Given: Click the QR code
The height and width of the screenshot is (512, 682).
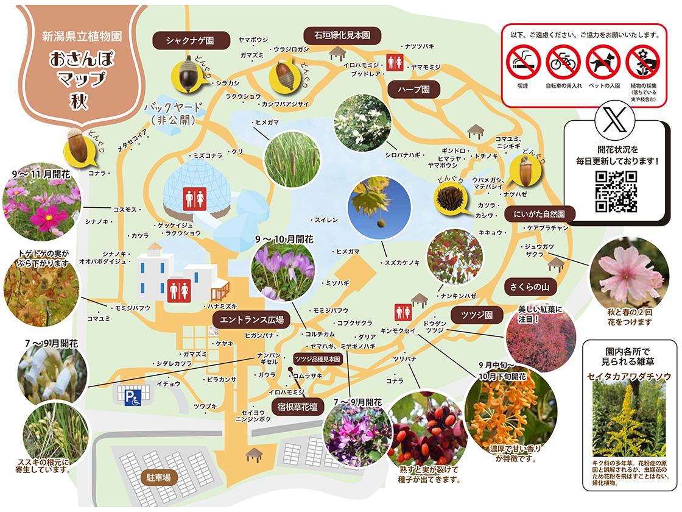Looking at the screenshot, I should point(616,191).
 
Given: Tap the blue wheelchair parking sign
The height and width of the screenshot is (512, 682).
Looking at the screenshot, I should point(133,398).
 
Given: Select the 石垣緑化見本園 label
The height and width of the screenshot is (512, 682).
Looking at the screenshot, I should point(342,35).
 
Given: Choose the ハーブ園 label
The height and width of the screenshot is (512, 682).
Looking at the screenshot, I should point(414,89).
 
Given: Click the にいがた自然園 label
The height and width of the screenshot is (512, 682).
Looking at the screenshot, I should point(540,214).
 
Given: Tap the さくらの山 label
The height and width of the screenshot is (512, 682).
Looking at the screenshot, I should point(530,286).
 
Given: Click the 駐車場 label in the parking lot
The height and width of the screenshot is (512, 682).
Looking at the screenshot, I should point(158,478).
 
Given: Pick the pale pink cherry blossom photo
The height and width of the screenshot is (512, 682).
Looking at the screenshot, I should point(628,272).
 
